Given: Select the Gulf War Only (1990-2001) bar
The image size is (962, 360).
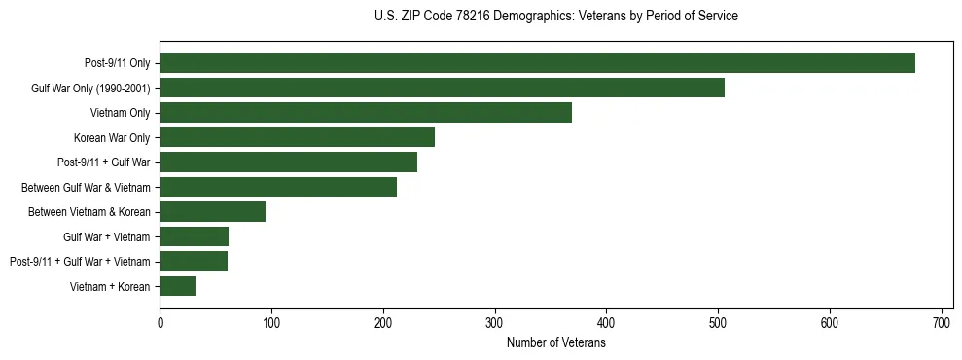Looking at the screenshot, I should point(442,89).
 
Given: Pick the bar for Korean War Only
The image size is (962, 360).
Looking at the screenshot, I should point(297,137).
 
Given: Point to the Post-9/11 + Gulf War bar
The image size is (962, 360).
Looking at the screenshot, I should point(288,162).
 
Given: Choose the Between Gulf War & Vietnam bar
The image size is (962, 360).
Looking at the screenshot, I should point(278,187).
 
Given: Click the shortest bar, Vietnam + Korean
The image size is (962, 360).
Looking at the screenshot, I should point(177,286).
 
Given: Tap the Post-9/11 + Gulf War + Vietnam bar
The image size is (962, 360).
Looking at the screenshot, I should point(194,261).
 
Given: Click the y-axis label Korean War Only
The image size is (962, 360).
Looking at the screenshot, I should point(112,137).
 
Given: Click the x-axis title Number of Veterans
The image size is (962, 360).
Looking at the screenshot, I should point(556,342).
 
